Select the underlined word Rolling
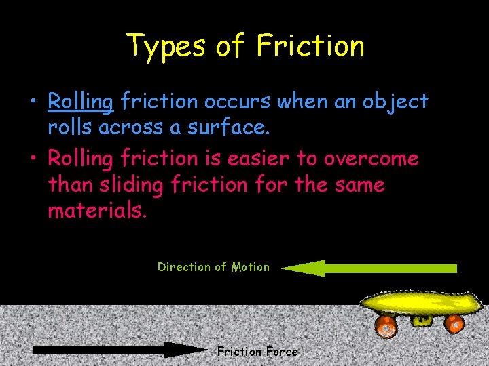[x=80, y=102]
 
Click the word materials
[x=96, y=210]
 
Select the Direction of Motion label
[x=213, y=267]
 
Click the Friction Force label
[x=257, y=351]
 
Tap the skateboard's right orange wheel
[x=453, y=323]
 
